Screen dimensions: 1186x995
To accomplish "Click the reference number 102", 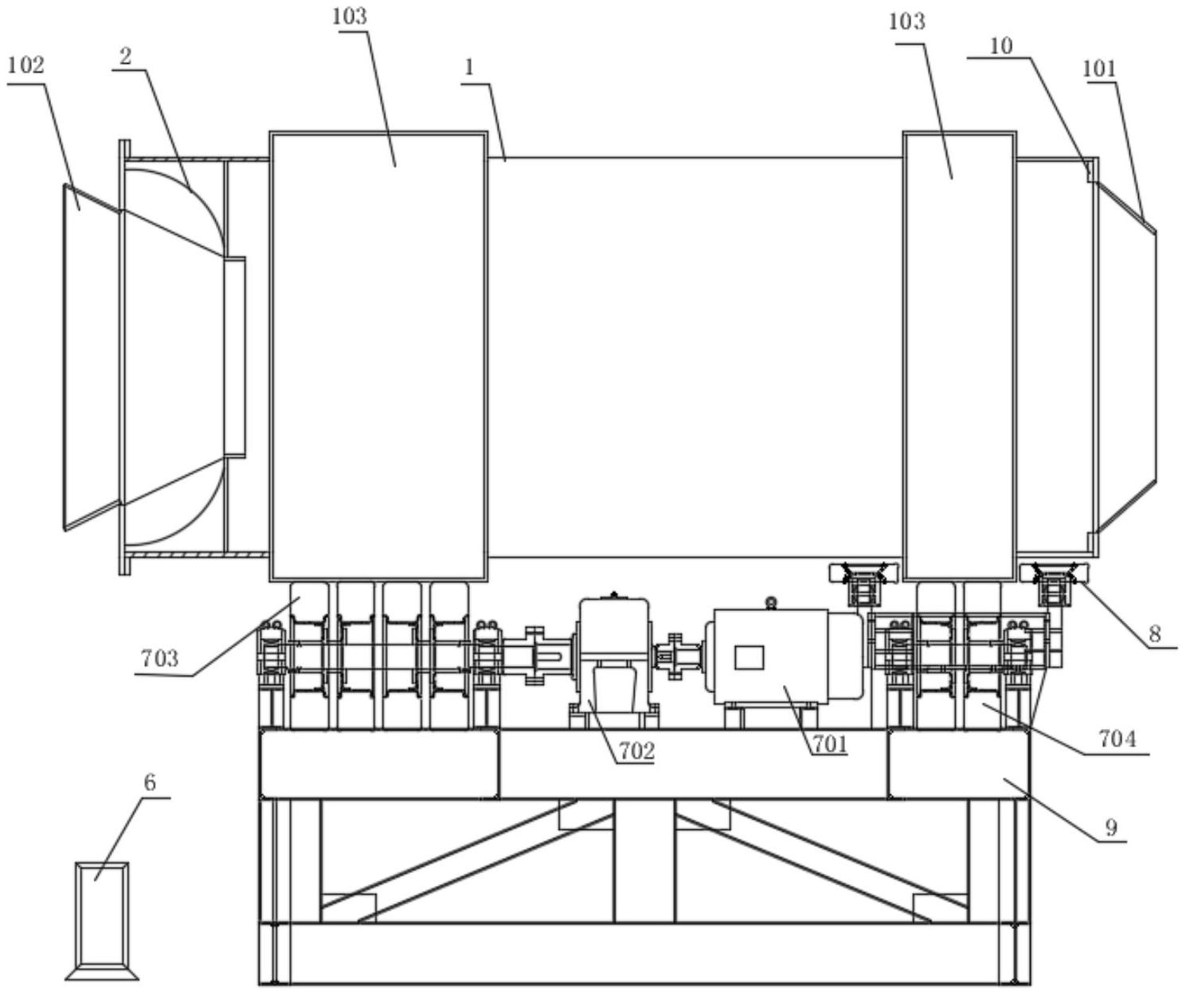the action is click(26, 66).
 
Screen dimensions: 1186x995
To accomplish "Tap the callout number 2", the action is click(126, 57).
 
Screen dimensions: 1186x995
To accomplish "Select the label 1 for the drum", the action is click(469, 69).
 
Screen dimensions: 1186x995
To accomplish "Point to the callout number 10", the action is click(1001, 46).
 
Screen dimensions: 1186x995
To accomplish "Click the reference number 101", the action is click(1099, 69).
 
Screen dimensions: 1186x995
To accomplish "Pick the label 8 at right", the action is click(1155, 634).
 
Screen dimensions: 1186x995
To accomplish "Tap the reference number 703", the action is click(159, 659).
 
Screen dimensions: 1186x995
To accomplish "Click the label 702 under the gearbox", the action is click(636, 751).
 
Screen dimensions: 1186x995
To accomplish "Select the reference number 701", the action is click(831, 743).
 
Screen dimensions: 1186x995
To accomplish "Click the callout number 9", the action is click(1112, 828).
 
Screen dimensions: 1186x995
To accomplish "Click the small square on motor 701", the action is click(749, 657).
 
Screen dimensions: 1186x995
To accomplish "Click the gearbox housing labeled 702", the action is click(613, 661).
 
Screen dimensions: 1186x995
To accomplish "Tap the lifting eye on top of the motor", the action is click(771, 602).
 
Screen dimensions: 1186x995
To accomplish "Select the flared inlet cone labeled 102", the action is click(91, 358).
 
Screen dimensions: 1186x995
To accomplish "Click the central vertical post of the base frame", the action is click(644, 860).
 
